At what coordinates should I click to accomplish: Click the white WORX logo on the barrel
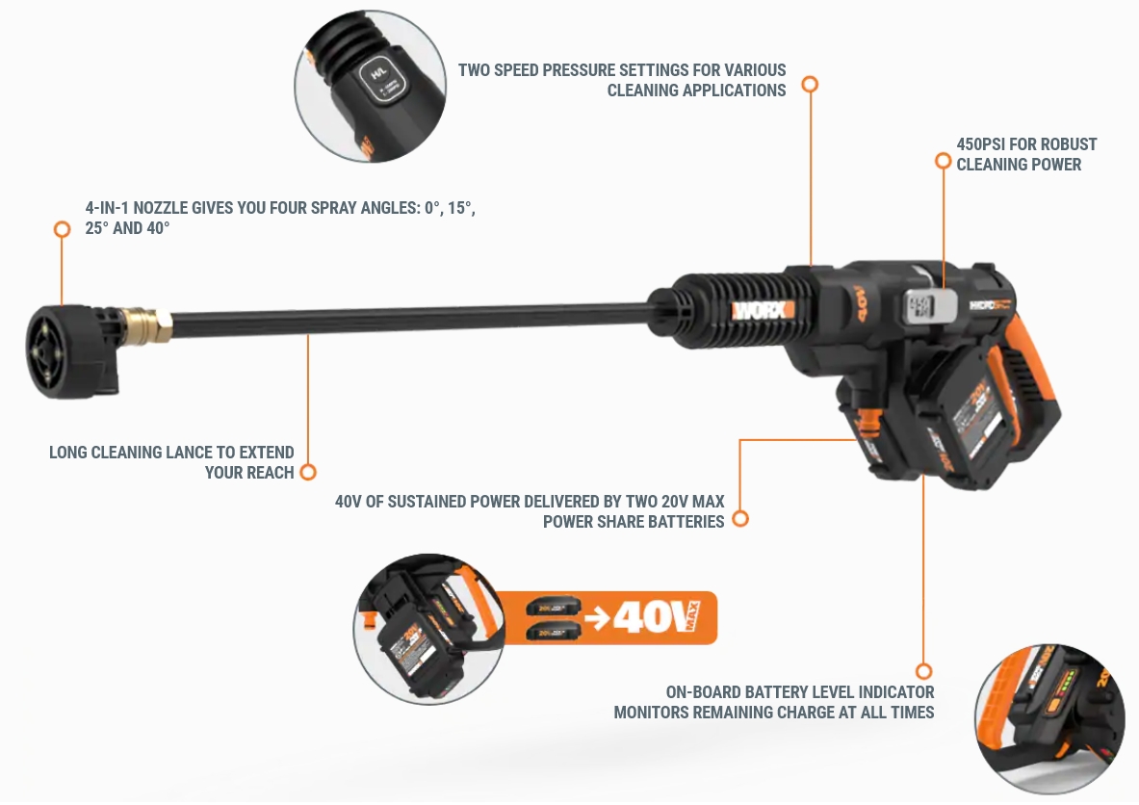[x=763, y=309]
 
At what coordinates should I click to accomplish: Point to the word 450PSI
[x=985, y=144]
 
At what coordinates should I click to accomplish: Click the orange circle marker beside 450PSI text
[x=943, y=161]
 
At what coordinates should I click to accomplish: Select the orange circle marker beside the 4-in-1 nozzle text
[x=62, y=229]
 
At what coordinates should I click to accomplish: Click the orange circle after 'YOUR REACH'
[x=308, y=472]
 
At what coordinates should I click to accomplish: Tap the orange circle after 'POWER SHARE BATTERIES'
[x=739, y=519]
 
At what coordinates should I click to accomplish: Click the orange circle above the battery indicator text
[x=923, y=671]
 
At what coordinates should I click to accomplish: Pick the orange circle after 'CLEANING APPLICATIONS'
[x=810, y=85]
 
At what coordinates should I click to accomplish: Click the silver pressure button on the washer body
[x=921, y=307]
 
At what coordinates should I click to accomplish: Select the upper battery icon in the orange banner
[x=555, y=607]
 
